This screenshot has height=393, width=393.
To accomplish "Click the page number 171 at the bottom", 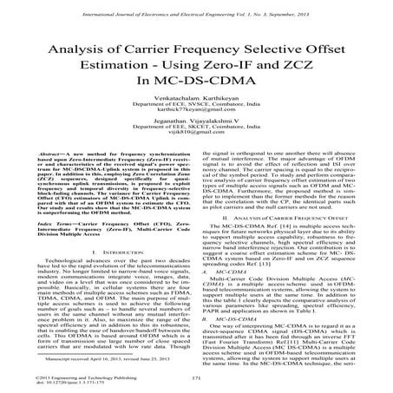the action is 196,379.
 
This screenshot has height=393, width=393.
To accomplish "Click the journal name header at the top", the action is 196,6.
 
